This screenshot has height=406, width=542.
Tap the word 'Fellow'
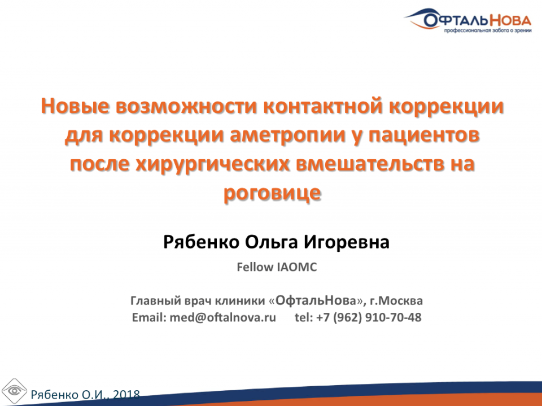(x=255, y=267)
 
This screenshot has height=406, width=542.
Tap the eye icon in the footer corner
(x=15, y=390)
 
